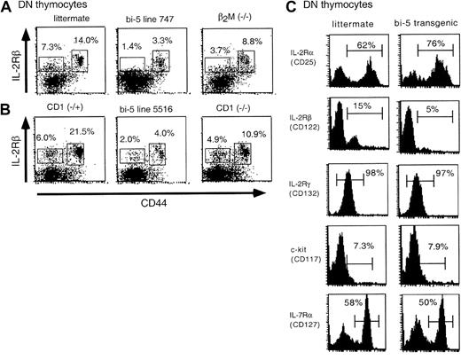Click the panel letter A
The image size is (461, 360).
(x=7, y=8)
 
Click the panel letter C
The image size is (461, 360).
(x=280, y=8)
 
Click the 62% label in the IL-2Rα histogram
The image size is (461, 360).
(x=363, y=44)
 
